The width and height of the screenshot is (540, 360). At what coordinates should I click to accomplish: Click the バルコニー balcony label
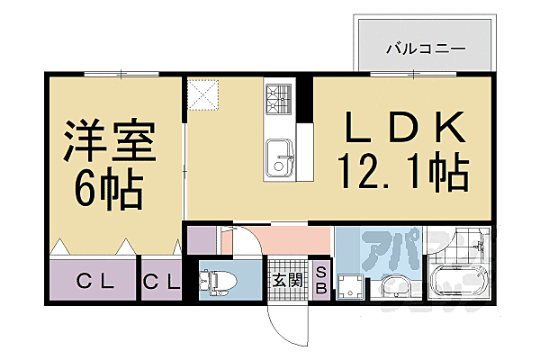(425, 47)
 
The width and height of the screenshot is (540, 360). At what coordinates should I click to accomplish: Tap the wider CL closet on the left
(94, 280)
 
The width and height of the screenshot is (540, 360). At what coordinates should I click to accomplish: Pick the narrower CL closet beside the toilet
(161, 280)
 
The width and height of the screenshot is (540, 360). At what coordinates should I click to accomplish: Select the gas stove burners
(278, 94)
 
